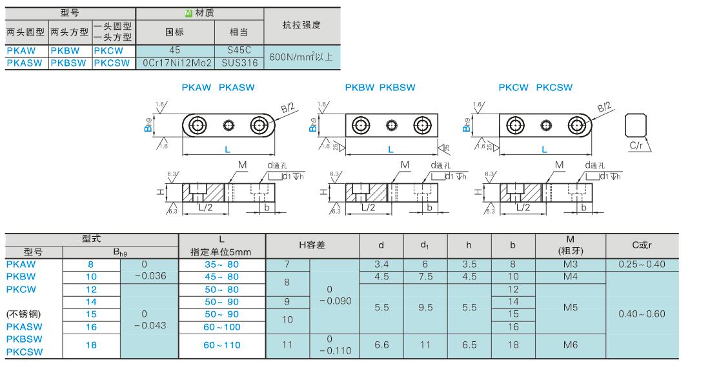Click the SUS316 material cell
tap(239, 63)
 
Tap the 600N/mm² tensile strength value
tap(301, 57)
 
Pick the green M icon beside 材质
tap(189, 13)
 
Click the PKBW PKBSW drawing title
tap(380, 87)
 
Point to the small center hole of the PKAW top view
tap(228, 125)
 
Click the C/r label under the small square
tap(636, 145)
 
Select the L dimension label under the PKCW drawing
tap(544, 149)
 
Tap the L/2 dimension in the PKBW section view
tap(368, 207)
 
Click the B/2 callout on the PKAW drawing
tap(288, 108)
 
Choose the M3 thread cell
tap(571, 265)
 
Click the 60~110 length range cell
tap(222, 345)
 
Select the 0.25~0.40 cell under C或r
tap(642, 265)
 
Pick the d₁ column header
tap(425, 245)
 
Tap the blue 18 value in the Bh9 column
tap(91, 345)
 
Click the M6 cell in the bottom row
tap(571, 345)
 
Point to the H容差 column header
tap(312, 245)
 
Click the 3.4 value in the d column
tap(381, 265)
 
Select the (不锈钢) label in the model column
tap(23, 314)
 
